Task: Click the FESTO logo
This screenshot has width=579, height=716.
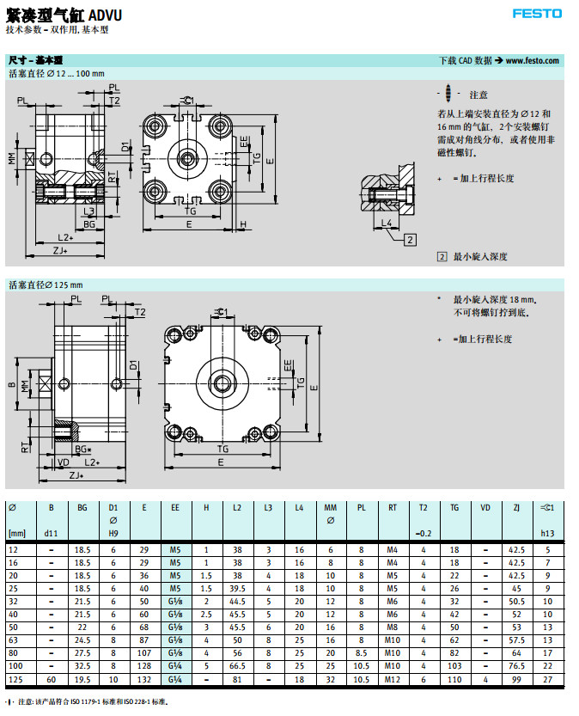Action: (537, 13)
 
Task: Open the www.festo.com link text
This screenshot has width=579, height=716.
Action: (532, 60)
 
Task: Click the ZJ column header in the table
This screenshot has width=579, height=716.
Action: (516, 508)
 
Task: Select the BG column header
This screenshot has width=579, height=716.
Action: (82, 508)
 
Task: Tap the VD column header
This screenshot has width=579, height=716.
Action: (485, 508)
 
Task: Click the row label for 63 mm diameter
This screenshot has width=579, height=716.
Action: (14, 640)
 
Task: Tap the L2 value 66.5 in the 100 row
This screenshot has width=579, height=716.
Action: (237, 667)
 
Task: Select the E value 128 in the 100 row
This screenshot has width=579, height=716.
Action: (144, 667)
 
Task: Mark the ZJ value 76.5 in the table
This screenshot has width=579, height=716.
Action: (516, 667)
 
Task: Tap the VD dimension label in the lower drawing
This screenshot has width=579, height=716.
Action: (64, 462)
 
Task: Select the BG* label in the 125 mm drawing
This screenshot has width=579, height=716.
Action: (82, 449)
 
